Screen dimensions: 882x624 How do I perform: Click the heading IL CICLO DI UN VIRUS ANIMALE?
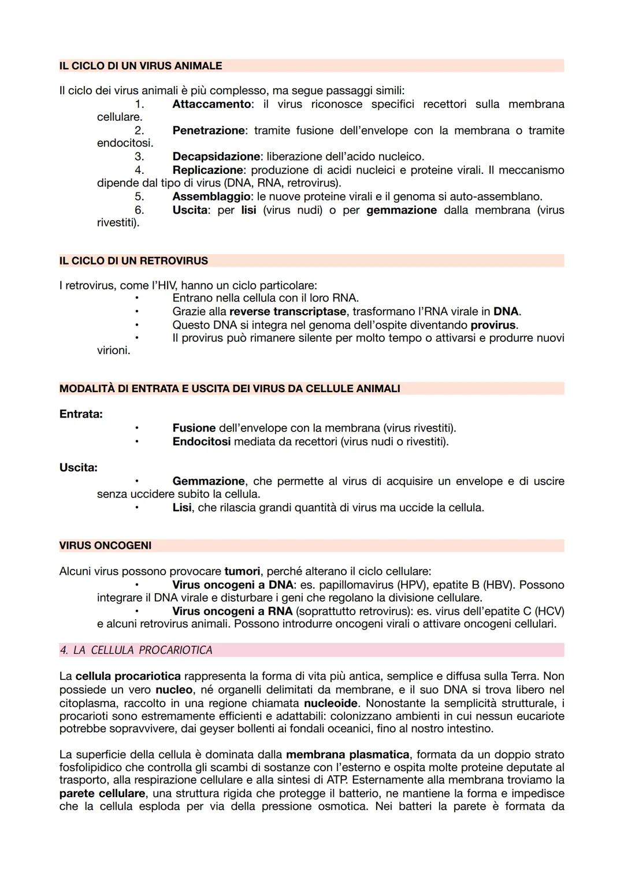[x=140, y=66]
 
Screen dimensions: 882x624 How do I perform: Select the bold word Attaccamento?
[x=211, y=105]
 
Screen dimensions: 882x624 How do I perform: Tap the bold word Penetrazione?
[x=208, y=131]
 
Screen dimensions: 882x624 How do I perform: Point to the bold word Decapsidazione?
[x=216, y=157]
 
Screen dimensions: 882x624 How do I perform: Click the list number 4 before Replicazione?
[x=139, y=170]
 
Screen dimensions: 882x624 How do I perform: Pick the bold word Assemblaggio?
[x=211, y=196]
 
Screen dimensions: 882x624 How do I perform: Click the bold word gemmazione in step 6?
[x=402, y=210]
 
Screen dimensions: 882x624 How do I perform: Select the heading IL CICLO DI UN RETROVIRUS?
[x=133, y=261]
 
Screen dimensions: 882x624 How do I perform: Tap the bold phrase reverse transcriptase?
[x=288, y=312]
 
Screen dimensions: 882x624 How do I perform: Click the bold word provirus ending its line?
[x=493, y=325]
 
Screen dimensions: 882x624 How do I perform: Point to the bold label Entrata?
[x=81, y=414]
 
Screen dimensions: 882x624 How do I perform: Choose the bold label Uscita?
[x=79, y=467]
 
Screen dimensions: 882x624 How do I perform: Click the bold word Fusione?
[x=194, y=428]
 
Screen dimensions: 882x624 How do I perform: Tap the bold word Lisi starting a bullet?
[x=181, y=508]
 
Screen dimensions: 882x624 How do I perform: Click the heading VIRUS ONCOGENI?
[x=105, y=546]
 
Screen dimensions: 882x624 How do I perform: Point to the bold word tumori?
[x=242, y=571]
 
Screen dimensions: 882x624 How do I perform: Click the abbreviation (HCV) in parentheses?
[x=549, y=611]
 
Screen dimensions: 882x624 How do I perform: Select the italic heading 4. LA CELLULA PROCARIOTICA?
[x=136, y=650]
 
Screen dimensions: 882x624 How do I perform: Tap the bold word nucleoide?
[x=330, y=703]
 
